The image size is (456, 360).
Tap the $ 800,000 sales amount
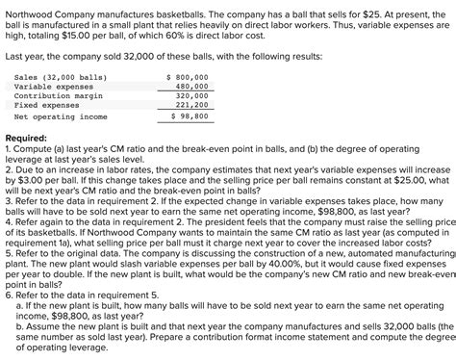pos(187,75)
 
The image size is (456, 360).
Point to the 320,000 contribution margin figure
pos(192,95)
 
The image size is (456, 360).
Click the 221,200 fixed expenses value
pos(192,105)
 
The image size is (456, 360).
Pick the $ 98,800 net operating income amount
pos(189,116)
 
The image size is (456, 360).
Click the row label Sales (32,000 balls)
pos(61,75)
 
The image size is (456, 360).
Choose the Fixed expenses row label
pos(48,105)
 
